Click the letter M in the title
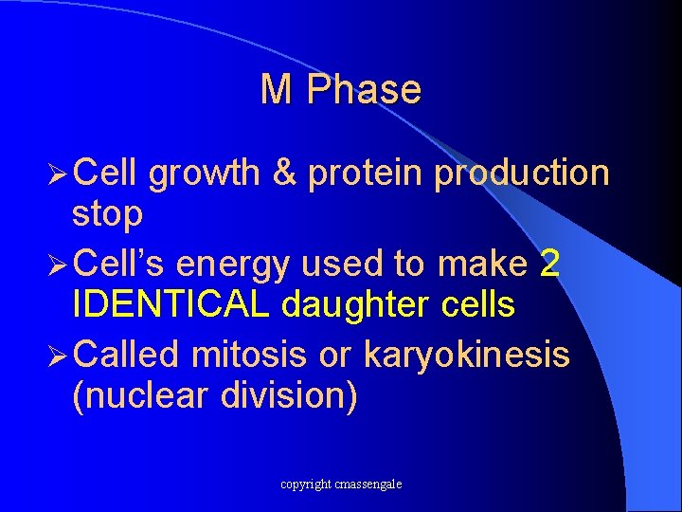point(275,90)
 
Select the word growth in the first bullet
point(203,174)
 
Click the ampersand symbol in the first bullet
point(283,174)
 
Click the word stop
point(107,215)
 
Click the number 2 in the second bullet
point(549,265)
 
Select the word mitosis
point(249,355)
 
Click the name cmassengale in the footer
point(368,485)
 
